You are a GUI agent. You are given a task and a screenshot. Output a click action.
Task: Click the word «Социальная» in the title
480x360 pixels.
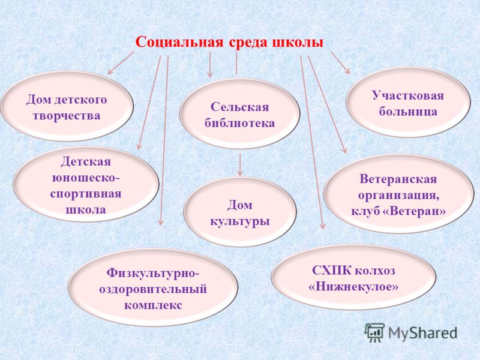tap(179, 42)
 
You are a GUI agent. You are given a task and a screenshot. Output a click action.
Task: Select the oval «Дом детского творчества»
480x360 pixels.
tap(67, 107)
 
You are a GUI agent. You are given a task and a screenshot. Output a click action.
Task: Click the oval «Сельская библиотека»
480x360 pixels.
tap(239, 114)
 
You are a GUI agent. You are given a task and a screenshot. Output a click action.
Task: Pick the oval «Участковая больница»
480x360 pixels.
tap(408, 103)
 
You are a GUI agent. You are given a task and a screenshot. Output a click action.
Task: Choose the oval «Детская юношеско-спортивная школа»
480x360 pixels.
tap(86, 184)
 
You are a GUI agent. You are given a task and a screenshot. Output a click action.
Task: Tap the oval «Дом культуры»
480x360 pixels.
tap(240, 212)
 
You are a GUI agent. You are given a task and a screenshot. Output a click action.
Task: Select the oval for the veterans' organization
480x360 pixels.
tap(398, 194)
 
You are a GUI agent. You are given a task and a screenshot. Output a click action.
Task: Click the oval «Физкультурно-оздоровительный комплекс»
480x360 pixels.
tap(153, 288)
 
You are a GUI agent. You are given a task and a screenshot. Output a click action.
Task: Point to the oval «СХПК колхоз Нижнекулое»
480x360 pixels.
tap(353, 278)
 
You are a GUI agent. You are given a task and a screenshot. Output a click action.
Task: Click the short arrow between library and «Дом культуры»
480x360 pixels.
tap(240, 164)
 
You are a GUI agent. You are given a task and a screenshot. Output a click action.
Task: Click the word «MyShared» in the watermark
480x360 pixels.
tap(423, 333)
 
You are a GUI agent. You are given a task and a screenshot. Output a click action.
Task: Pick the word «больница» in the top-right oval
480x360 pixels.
tap(408, 112)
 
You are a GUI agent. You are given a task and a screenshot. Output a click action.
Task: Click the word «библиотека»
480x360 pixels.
tap(239, 123)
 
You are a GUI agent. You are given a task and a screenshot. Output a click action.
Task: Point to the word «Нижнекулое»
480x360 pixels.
tap(353, 287)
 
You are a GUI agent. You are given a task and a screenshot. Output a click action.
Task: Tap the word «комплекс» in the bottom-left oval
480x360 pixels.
tap(153, 305)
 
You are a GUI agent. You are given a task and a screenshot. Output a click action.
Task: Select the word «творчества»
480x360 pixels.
tap(67, 116)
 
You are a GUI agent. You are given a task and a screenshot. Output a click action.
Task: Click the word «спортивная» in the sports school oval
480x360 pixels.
tap(86, 194)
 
